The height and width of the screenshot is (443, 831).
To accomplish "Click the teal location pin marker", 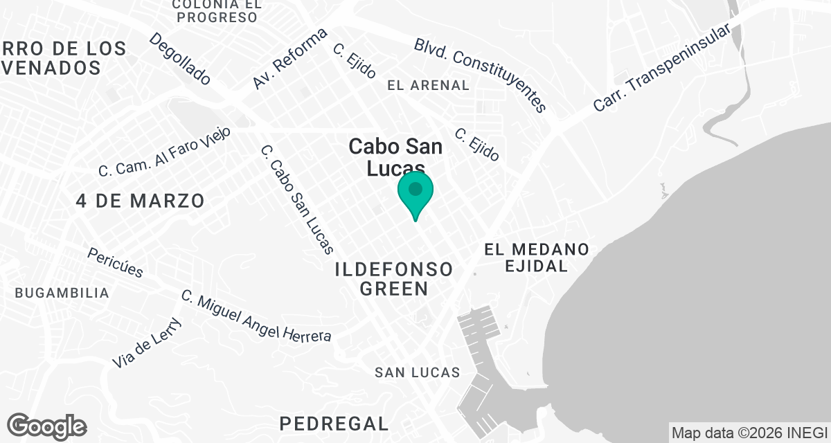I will point(415,192).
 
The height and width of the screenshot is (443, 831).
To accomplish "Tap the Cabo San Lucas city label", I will point(386,157).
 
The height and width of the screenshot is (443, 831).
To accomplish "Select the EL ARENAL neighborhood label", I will point(429,85).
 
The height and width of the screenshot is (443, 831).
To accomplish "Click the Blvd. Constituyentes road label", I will point(481,75).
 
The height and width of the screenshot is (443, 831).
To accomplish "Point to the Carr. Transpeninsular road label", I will point(663,69).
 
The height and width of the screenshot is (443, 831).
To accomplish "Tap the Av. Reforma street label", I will point(289,59).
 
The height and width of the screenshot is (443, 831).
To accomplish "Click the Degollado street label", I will point(180,59).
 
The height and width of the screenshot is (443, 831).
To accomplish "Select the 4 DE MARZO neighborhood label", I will point(141,201).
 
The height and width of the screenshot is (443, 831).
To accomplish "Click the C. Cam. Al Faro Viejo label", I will point(164,152).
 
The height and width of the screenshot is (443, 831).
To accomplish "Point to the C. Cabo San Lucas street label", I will point(298,199).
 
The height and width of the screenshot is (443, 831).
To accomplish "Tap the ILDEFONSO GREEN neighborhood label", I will point(393,279).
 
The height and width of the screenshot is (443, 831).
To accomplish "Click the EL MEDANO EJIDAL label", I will point(537,257).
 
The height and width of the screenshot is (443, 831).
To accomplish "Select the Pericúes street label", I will point(115,262).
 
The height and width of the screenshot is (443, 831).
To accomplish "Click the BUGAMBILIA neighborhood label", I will point(62,293).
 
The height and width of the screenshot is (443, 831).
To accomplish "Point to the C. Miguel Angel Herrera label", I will point(256,317).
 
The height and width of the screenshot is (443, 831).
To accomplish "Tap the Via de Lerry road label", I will point(147,343).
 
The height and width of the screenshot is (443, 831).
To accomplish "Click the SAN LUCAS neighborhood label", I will point(418,372).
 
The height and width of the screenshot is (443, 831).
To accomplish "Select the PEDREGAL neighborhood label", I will point(334,423).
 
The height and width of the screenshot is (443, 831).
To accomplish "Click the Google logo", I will point(46,426).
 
